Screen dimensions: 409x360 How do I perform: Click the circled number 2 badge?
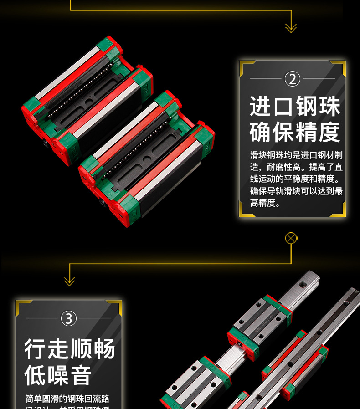coord(293,79)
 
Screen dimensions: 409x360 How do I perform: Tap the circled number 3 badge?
coord(69,318)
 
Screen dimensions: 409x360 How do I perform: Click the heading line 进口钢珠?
coord(295,107)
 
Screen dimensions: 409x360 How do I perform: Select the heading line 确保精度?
coord(295,132)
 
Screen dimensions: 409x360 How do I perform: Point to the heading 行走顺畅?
coord(69,349)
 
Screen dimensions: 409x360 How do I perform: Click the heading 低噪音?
coord(58,375)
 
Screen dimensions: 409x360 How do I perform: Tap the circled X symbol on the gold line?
coord(291,238)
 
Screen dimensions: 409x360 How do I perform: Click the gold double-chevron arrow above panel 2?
coord(291,28)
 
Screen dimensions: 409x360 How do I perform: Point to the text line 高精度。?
coord(265,204)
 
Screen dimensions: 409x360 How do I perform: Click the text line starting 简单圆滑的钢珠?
coord(67,399)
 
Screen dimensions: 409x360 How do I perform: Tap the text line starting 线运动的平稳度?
coord(296,179)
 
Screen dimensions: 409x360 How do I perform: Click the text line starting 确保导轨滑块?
coord(296,191)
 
